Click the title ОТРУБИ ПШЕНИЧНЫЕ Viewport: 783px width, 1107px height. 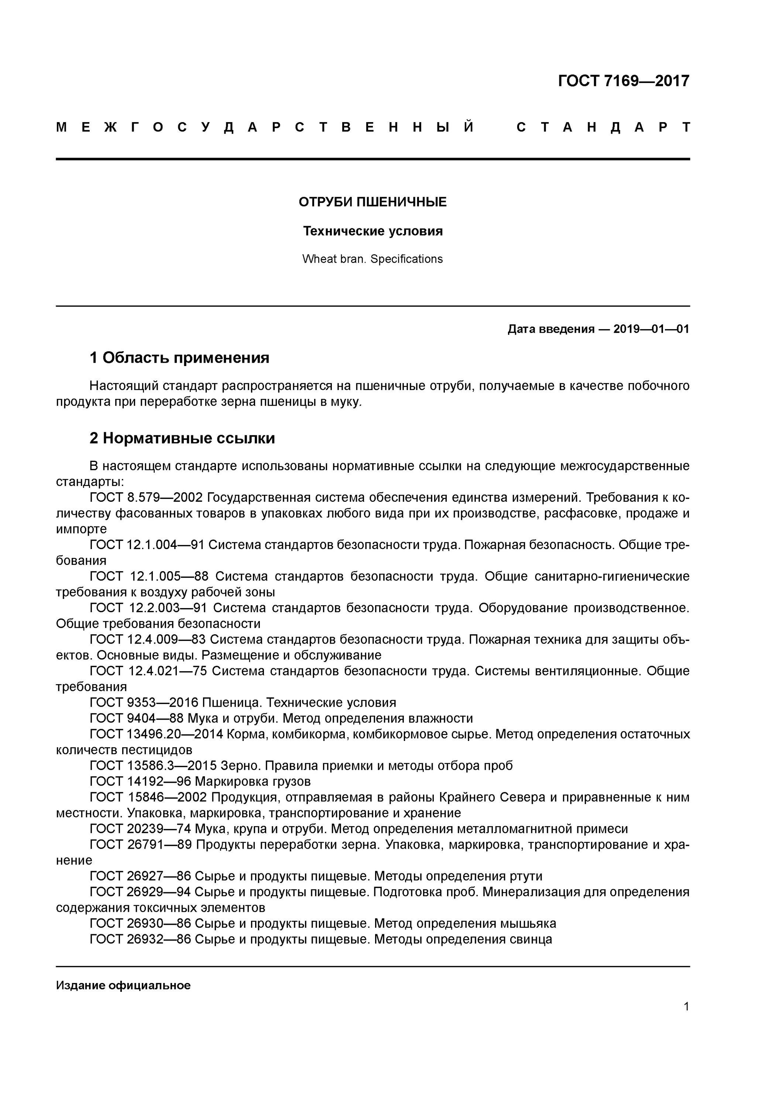(x=372, y=202)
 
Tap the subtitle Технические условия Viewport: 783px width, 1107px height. (x=372, y=231)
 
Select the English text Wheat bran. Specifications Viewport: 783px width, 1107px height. (x=372, y=259)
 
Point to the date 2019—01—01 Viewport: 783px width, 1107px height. (x=651, y=329)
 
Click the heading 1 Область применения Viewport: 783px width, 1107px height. (x=179, y=358)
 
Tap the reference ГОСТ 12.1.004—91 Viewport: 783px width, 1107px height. (x=147, y=545)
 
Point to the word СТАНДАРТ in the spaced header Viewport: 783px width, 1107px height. (x=603, y=127)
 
